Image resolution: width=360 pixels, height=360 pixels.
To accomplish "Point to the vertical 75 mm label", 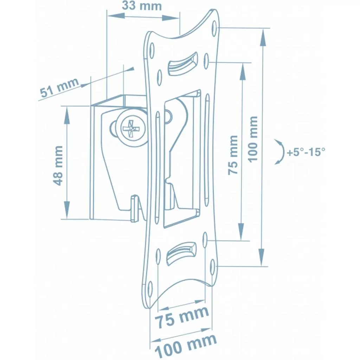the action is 233,155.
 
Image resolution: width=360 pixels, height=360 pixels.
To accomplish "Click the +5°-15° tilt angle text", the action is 306,152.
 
